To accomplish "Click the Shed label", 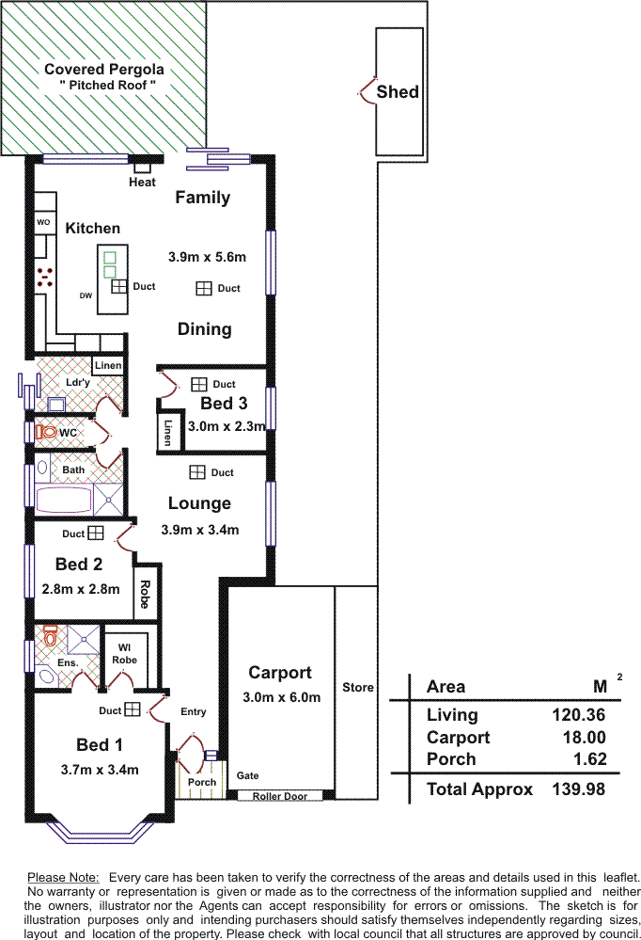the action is pyautogui.click(x=398, y=91).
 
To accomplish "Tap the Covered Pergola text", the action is pyautogui.click(x=104, y=70).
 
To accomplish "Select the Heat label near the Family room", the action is pyautogui.click(x=142, y=183).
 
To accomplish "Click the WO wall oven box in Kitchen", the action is pyautogui.click(x=44, y=222).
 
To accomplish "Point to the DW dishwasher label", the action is pyautogui.click(x=86, y=295).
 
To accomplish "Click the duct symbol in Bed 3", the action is pyautogui.click(x=199, y=384).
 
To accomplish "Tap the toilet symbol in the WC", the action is pyautogui.click(x=45, y=432).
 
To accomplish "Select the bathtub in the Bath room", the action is pyautogui.click(x=65, y=500).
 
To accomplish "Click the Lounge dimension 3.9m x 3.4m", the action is pyautogui.click(x=200, y=530).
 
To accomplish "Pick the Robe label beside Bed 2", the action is pyautogui.click(x=145, y=594).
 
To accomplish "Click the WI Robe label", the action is pyautogui.click(x=125, y=653).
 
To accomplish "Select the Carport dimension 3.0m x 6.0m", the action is pyautogui.click(x=282, y=697).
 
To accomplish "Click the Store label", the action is pyautogui.click(x=358, y=688).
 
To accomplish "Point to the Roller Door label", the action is pyautogui.click(x=280, y=796).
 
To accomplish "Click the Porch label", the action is pyautogui.click(x=202, y=782).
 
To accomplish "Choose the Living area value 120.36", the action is pyautogui.click(x=578, y=714).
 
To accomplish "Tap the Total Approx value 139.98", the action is pyautogui.click(x=578, y=789).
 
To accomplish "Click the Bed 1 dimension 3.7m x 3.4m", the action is pyautogui.click(x=100, y=770).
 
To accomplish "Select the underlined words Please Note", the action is pyautogui.click(x=63, y=878).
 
